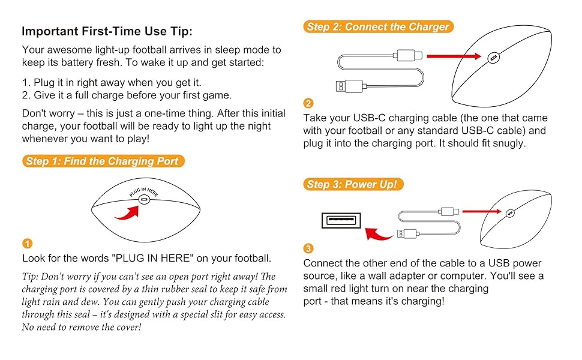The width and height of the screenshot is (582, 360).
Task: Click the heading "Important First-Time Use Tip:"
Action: click(107, 31)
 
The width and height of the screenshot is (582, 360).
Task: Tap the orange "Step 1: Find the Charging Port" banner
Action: click(103, 161)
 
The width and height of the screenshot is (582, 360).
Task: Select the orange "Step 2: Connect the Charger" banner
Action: click(378, 27)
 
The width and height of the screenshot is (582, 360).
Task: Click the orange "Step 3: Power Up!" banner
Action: click(353, 184)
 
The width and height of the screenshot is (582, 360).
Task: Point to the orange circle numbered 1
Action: click(28, 244)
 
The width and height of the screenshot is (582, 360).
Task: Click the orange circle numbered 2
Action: click(308, 103)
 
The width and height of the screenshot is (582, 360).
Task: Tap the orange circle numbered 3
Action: click(308, 248)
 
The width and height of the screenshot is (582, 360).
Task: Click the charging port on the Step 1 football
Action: click(144, 200)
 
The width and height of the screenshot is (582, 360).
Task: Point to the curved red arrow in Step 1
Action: click(128, 214)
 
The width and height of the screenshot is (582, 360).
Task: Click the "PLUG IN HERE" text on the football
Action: click(144, 191)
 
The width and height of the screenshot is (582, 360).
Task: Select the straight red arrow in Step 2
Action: click(454, 56)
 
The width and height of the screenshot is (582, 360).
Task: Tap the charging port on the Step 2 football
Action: click(493, 58)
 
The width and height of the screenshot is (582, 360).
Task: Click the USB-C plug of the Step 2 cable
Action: click(408, 56)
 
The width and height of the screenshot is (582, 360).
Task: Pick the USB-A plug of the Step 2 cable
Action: click(350, 86)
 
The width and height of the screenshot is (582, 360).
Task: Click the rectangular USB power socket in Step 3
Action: click(341, 220)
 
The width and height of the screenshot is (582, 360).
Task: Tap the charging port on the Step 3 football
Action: click(511, 213)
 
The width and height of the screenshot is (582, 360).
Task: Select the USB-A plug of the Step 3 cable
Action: click(407, 234)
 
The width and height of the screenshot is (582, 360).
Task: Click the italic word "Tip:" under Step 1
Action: click(29, 277)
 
